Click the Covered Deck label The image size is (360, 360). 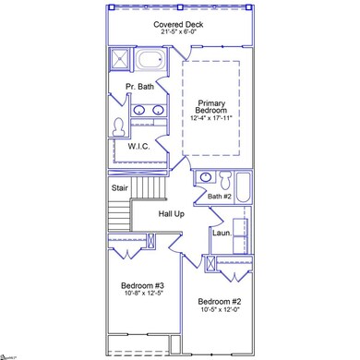point(180,23)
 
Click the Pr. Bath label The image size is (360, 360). point(140,87)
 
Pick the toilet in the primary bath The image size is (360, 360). point(117,125)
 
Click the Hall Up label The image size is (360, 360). point(172,213)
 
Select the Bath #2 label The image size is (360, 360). point(220,196)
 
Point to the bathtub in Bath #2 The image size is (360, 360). point(244,187)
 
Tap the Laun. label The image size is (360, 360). point(222,233)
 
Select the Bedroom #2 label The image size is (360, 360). point(220,302)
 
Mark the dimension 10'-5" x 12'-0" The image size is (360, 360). point(220,311)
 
